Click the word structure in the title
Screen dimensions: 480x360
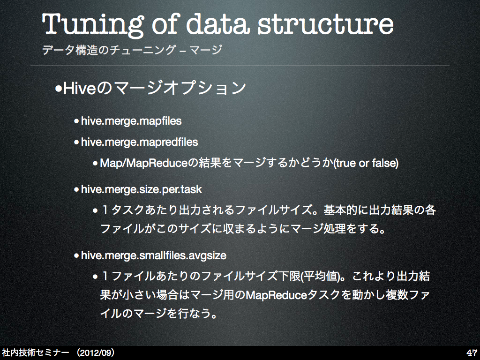tap(325, 24)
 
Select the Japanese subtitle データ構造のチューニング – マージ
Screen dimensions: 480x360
tap(132, 50)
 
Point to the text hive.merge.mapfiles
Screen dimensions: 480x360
tap(131, 121)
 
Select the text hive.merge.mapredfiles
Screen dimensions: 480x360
tap(139, 142)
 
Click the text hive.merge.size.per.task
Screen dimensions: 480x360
tap(142, 189)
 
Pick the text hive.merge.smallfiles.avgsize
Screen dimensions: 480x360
tap(154, 255)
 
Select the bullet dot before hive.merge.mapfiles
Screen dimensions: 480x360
tap(76, 121)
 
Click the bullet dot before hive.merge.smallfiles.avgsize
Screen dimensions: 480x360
tap(76, 255)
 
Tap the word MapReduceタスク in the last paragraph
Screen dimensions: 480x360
tap(292, 295)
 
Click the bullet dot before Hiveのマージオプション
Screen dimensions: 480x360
tap(59, 90)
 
